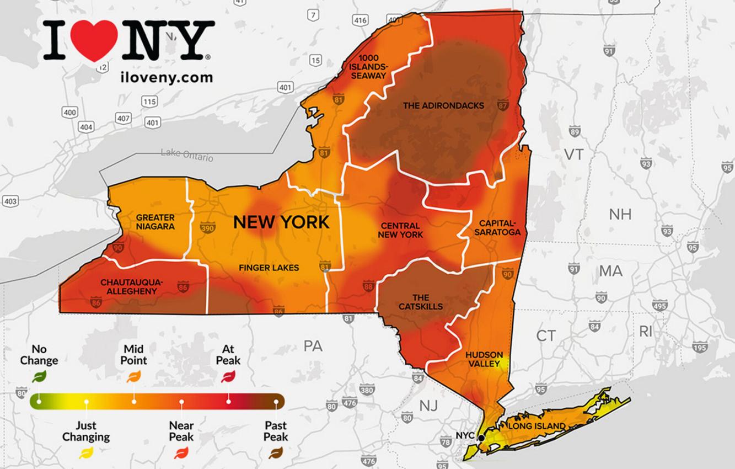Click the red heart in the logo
point(94,40)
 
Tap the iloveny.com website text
point(166,77)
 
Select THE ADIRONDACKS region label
point(443,105)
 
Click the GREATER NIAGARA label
point(155,222)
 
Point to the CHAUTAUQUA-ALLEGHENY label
point(131,286)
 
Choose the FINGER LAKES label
point(269,268)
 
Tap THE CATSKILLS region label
point(420,302)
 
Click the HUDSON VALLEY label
point(484,359)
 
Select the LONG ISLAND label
point(537,426)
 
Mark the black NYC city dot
point(481,438)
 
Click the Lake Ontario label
point(187,155)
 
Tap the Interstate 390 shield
point(207,229)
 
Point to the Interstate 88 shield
point(368,286)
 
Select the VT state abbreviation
point(573,155)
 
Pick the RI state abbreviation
point(645,332)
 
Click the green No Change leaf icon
point(39,377)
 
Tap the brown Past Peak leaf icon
point(275,454)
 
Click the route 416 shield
point(360,20)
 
